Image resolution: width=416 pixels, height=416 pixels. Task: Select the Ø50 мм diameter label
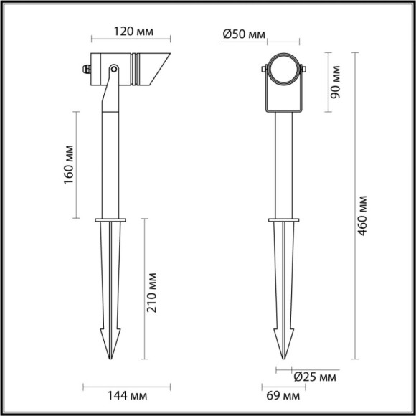coord(245,33)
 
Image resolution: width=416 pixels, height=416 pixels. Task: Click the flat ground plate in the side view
coord(110,219)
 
